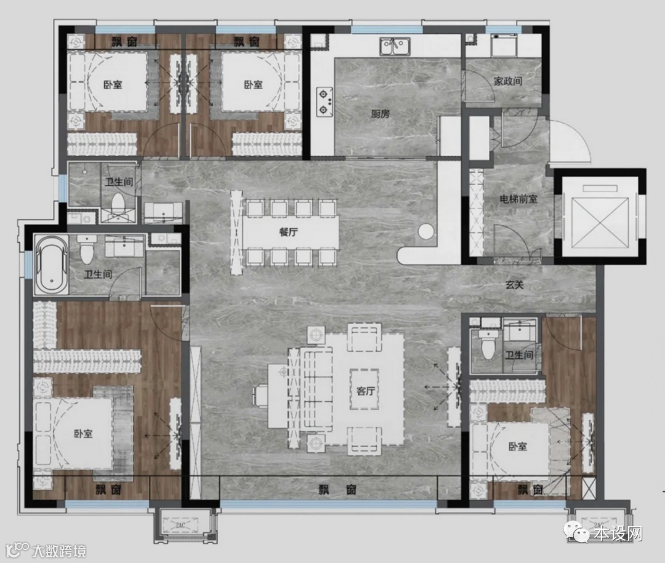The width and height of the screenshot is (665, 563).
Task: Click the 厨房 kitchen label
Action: tap(380, 114)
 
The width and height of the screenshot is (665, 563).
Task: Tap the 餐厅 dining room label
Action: tap(288, 232)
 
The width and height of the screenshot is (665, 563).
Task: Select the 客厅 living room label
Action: tap(366, 391)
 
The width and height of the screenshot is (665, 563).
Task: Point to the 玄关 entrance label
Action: tap(514, 285)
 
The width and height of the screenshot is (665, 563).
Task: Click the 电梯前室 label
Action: tap(518, 198)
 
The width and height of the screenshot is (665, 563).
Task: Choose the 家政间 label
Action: tap(507, 81)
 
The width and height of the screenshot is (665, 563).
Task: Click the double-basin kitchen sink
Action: tap(395, 46)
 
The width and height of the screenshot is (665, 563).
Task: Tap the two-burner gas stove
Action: tap(324, 102)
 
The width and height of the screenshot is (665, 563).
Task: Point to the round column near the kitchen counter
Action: tap(425, 231)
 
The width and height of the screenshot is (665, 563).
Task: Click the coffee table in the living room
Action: tap(365, 389)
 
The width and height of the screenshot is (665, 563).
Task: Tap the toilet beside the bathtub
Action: tap(87, 250)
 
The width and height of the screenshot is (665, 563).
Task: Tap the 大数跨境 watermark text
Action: tap(58, 551)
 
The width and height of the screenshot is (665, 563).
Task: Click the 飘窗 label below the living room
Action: tap(337, 490)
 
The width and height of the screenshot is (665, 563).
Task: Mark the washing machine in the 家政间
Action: tap(504, 46)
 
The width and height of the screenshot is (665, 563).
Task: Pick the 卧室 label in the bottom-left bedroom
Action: tap(83, 434)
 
